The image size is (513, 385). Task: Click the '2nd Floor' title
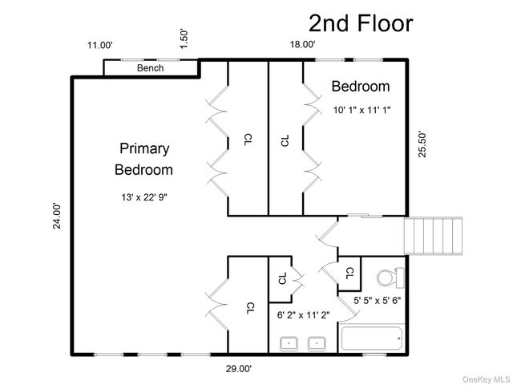click(x=361, y=23)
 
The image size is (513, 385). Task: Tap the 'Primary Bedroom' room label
click(x=144, y=159)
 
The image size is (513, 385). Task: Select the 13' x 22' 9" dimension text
click(x=144, y=197)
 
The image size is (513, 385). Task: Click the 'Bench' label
click(x=150, y=68)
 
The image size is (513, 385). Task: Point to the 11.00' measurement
click(x=100, y=45)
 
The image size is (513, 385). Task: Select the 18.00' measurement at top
click(x=302, y=45)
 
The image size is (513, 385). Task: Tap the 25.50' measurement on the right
click(x=423, y=144)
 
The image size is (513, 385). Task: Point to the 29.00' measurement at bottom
click(x=239, y=369)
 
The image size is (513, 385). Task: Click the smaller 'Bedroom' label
click(x=361, y=87)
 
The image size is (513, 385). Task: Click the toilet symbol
click(x=390, y=278)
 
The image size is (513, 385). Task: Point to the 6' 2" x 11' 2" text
click(x=303, y=315)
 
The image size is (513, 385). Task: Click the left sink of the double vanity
click(x=289, y=344)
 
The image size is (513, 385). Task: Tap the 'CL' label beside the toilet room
click(x=349, y=273)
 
